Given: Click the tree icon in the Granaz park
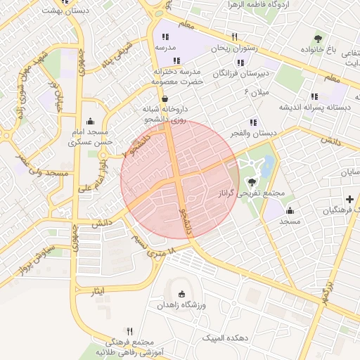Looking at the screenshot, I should pyautogui.click(x=252, y=181).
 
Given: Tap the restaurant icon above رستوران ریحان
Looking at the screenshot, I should pyautogui.click(x=234, y=37).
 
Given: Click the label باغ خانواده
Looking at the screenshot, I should pyautogui.click(x=321, y=51).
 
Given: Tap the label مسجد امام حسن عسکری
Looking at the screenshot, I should pyautogui.click(x=89, y=137).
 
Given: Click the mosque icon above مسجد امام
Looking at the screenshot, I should pyautogui.click(x=89, y=121).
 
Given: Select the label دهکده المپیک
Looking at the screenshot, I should pyautogui.click(x=224, y=338).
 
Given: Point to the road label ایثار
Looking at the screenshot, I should pyautogui.click(x=98, y=290).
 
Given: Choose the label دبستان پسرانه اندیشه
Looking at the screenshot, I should pyautogui.click(x=315, y=108).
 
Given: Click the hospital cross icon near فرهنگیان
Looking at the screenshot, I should pyautogui.click(x=349, y=199).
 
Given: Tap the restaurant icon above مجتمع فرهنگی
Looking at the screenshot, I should pyautogui.click(x=129, y=330).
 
